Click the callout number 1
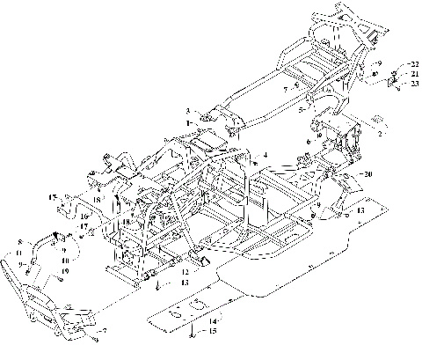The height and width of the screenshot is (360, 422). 187,123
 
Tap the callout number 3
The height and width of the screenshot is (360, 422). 187,110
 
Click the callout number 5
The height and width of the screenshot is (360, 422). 301,112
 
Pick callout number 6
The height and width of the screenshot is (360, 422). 309,141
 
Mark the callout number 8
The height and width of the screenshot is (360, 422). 19,241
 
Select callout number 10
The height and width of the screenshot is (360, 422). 65,261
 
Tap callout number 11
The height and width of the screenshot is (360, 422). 18,253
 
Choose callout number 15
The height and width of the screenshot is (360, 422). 209,332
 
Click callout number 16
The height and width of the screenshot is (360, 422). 84,215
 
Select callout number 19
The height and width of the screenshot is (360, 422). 65,270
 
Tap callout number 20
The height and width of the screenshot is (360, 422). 367,174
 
